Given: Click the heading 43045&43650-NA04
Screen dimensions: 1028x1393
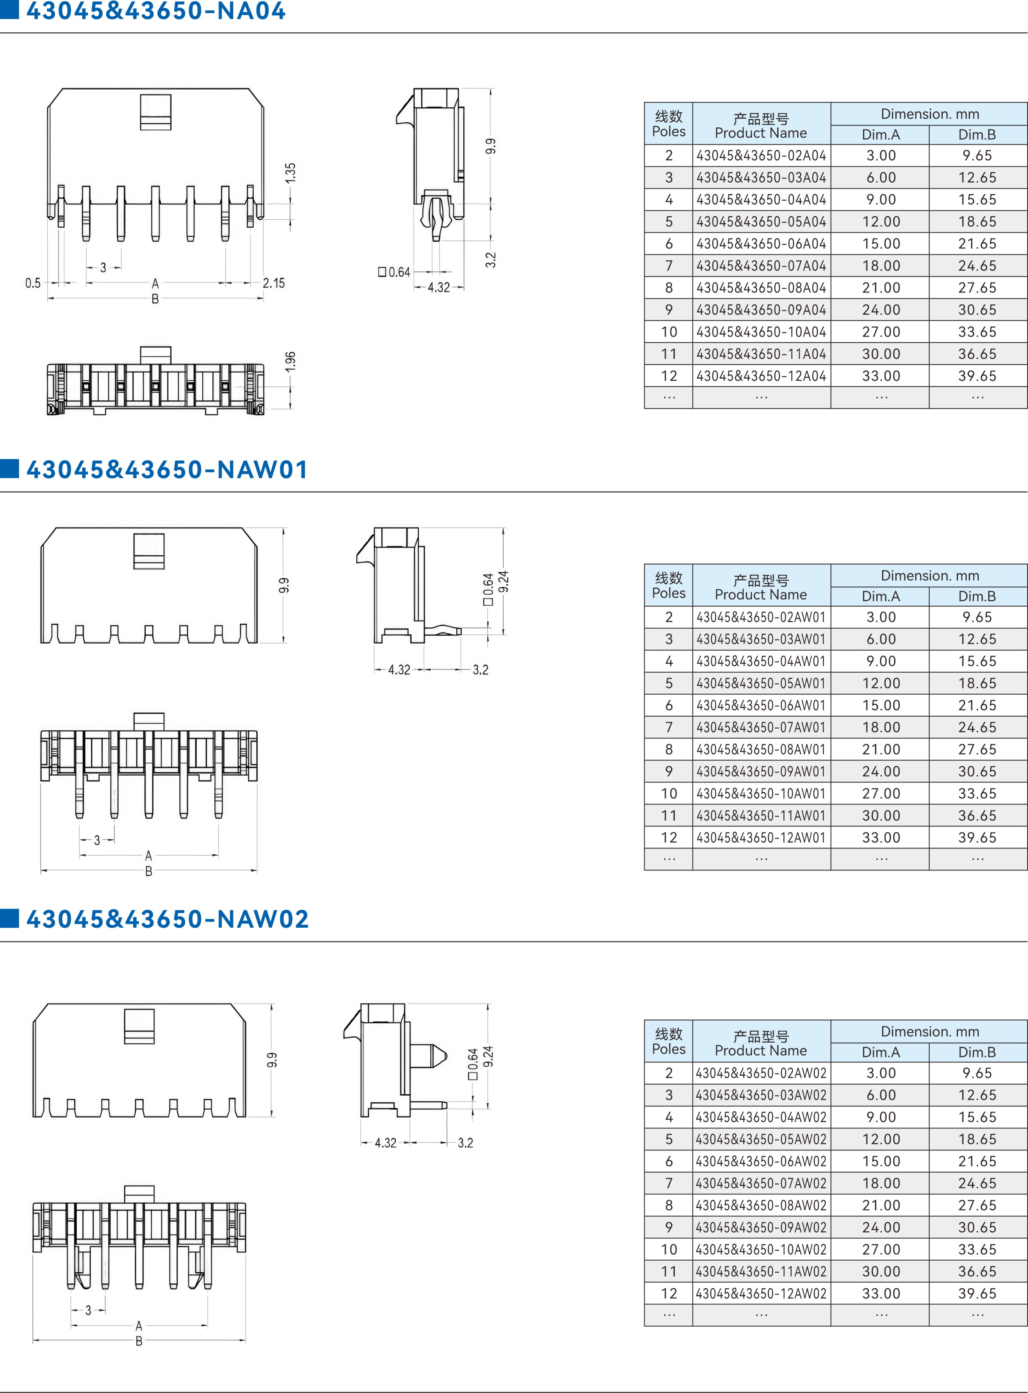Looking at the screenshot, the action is click(x=155, y=11).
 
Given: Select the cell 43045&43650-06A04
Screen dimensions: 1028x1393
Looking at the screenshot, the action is click(x=761, y=243).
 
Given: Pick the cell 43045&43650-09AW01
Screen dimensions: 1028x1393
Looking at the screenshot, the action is click(x=761, y=771).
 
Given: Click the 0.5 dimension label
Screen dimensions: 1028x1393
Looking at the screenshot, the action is click(x=33, y=283).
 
